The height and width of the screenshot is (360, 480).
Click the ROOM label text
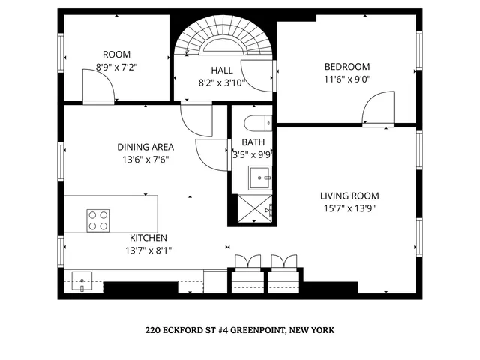coord(117,54)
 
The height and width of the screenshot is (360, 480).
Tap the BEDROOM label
coord(347,65)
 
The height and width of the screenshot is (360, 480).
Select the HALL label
coord(222,70)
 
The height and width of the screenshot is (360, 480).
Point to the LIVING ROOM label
coord(347,196)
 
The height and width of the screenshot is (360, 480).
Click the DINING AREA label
coord(145,147)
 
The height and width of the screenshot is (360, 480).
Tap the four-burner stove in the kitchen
coord(98,220)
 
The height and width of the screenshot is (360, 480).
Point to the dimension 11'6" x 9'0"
coord(347,78)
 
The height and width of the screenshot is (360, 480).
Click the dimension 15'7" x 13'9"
coord(347,208)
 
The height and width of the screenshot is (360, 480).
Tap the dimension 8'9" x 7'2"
coord(117,67)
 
